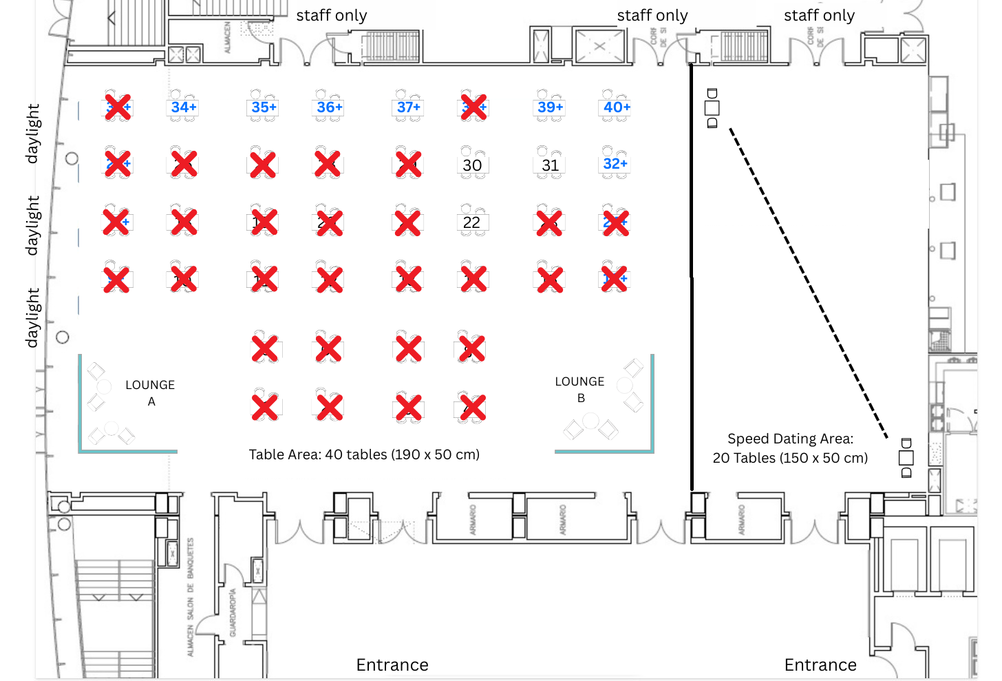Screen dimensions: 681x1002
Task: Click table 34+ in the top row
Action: tap(184, 107)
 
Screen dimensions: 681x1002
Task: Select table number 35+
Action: tap(264, 107)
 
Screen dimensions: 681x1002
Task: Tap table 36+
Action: tap(329, 107)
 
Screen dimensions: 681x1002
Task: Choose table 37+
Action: tap(408, 107)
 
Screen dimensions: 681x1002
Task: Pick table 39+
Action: tap(550, 107)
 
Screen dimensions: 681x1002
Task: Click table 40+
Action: tap(617, 107)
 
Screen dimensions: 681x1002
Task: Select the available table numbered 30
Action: tap(472, 165)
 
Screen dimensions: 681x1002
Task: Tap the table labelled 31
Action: tap(550, 165)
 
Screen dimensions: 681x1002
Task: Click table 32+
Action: tap(615, 164)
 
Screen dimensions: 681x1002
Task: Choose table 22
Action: tap(471, 222)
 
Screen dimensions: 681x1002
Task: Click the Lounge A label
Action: tap(150, 392)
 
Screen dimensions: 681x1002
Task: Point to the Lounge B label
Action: tap(579, 389)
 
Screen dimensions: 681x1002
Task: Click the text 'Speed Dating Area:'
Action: tap(790, 439)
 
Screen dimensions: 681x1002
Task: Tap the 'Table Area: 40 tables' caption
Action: tap(364, 454)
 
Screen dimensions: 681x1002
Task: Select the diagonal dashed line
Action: tap(809, 282)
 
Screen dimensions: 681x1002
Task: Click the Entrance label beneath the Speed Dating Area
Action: tap(820, 664)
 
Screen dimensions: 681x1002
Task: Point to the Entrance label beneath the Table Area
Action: tap(392, 664)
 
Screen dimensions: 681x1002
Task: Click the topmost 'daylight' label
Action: tap(32, 134)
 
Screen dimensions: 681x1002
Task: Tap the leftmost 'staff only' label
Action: tap(332, 15)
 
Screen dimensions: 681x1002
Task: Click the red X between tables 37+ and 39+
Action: tap(474, 107)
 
